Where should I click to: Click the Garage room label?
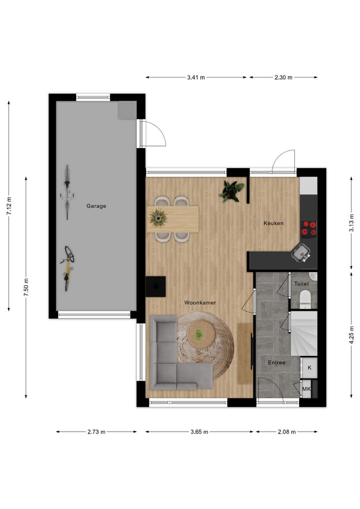point(96,206)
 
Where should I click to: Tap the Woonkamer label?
point(200,303)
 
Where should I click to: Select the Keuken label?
point(274,223)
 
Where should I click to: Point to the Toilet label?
point(301,284)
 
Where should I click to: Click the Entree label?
point(276,363)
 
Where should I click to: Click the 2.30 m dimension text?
point(284,77)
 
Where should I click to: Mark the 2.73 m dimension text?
point(96,432)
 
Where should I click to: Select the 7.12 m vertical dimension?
point(8,206)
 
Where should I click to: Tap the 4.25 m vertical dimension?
point(352,335)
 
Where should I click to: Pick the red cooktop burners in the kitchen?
point(309,228)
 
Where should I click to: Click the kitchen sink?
point(302,252)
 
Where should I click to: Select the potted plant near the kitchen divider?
point(232,191)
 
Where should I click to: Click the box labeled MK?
point(306,390)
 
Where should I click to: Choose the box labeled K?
point(309,367)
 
